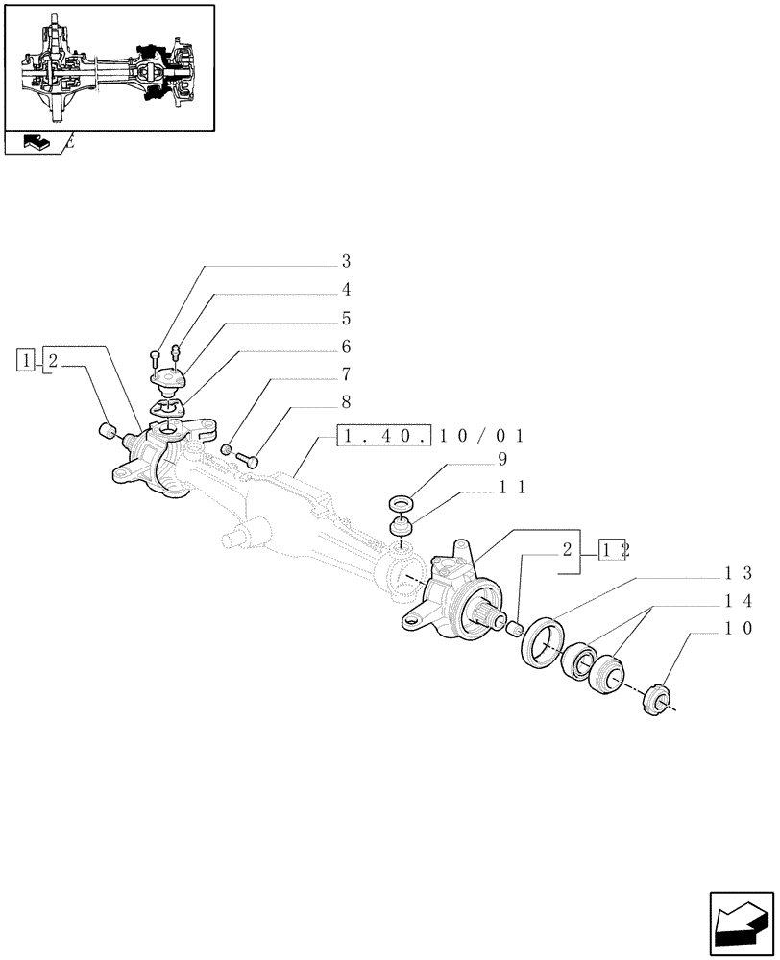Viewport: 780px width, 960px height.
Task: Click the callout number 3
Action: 346,261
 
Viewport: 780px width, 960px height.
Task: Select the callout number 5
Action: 346,318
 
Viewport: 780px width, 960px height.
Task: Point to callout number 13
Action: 738,573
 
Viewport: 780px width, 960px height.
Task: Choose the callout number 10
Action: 738,629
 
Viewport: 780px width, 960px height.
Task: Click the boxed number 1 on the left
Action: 26,361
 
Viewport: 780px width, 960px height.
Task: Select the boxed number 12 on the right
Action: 612,550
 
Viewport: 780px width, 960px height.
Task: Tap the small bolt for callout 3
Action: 156,358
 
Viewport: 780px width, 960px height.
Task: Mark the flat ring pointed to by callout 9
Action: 400,503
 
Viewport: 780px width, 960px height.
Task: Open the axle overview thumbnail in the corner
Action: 109,66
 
